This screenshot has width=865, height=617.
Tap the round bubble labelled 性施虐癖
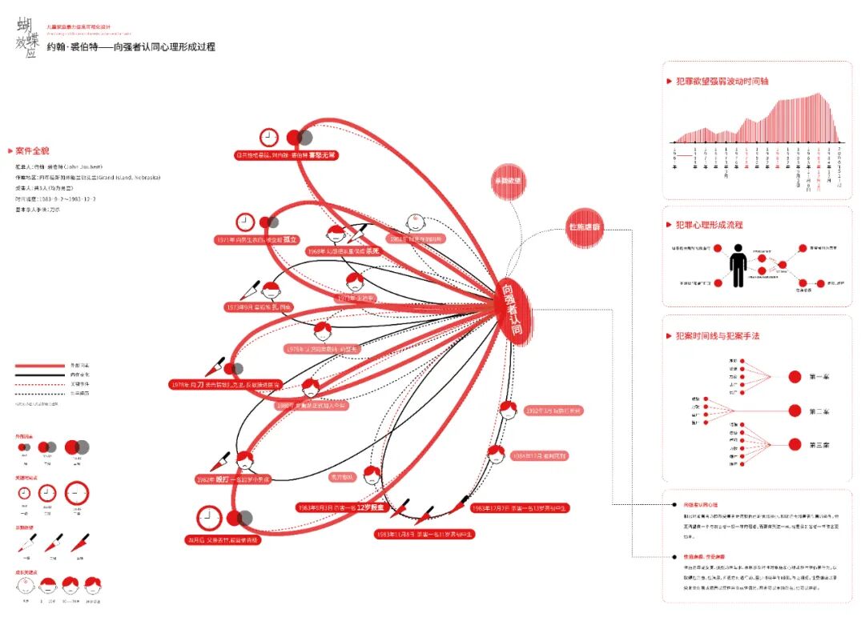coord(585,227)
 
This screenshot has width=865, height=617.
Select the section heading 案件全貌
coord(32,150)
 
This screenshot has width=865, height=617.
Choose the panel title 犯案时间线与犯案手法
coord(717,336)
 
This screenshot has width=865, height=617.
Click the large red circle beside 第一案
coord(795,376)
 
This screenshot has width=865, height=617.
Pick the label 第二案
coord(819,411)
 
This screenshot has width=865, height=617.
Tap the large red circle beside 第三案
coord(795,444)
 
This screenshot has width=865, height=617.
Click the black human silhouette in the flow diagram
coord(738,266)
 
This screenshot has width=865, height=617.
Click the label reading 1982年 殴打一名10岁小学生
coord(233,479)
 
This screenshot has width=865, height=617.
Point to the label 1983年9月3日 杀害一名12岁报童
coord(340,507)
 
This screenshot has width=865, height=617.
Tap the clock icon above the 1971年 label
coord(245,222)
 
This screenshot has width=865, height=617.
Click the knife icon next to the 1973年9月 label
coord(250,290)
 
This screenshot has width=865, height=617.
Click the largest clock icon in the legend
coord(77,492)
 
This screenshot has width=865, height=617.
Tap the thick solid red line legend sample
coord(39,365)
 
